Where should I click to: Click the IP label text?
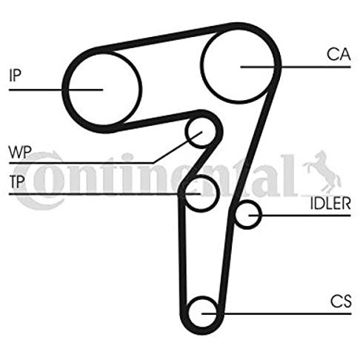click(15, 76)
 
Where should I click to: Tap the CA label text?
click(339, 55)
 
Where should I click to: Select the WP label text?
click(20, 153)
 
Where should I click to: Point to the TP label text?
click(17, 181)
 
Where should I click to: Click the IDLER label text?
click(330, 204)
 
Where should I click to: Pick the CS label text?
click(341, 301)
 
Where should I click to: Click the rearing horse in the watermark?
click(322, 172)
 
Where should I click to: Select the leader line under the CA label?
click(296, 67)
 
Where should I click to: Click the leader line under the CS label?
click(276, 314)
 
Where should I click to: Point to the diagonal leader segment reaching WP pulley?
click(178, 147)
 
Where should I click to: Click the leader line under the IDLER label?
click(299, 216)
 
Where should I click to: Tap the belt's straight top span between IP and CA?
click(163, 37)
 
